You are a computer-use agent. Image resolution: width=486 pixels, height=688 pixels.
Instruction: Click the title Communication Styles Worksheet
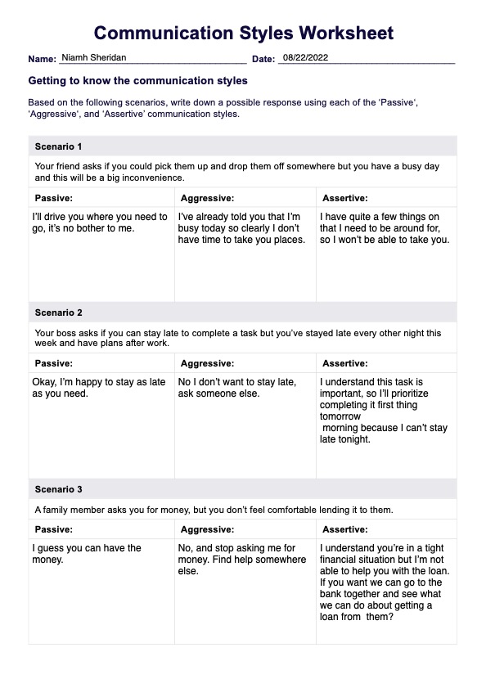click(x=243, y=34)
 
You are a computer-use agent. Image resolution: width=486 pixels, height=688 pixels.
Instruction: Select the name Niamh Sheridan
click(x=93, y=58)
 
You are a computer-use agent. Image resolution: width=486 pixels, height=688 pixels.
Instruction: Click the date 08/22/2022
click(x=304, y=58)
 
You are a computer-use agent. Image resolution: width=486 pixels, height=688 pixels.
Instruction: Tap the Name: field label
click(x=42, y=60)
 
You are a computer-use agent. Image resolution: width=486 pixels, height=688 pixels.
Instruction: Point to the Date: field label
click(x=263, y=60)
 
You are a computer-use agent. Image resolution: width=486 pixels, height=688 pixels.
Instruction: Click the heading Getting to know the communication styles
click(x=137, y=81)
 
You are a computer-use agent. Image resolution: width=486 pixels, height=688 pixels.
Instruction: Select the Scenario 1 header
click(x=58, y=146)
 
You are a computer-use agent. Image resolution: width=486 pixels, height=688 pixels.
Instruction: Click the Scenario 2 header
click(x=58, y=313)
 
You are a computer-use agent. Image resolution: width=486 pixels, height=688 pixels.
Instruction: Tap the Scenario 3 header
click(x=58, y=489)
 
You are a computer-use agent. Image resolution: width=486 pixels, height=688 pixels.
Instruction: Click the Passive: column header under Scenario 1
click(x=54, y=198)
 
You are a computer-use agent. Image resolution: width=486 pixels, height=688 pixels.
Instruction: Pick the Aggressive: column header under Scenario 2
click(x=207, y=363)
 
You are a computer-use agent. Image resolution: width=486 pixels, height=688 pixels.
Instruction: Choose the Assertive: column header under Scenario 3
click(x=344, y=529)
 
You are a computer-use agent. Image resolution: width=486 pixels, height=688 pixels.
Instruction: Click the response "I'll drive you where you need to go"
click(x=99, y=222)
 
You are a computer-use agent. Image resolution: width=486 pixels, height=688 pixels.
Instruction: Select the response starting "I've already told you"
click(x=241, y=228)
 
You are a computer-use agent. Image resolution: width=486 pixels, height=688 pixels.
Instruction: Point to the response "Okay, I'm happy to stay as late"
click(x=98, y=388)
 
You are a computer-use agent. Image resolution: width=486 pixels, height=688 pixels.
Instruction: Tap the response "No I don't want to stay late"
click(x=236, y=388)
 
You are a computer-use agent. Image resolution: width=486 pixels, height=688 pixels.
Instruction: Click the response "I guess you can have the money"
click(x=87, y=554)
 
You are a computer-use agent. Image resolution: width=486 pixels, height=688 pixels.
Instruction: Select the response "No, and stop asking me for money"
click(x=236, y=560)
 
